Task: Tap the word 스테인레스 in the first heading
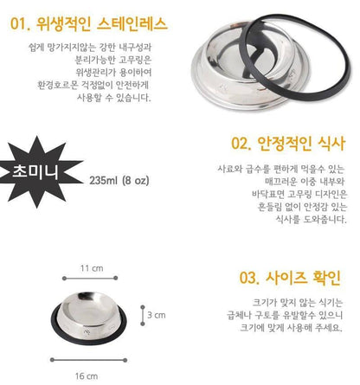coord(132,23)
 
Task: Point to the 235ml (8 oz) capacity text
coord(119,181)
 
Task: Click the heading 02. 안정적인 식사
coord(288,143)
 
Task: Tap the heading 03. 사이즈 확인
coord(290,278)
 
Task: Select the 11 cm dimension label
coord(92,268)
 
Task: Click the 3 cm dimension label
coord(157,315)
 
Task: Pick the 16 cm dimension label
coord(87,376)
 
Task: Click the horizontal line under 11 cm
coord(90,279)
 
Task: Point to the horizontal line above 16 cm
coord(88,360)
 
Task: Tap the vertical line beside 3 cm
coord(143,316)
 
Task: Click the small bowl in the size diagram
coord(89,318)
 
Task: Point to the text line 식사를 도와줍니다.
coord(311,220)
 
